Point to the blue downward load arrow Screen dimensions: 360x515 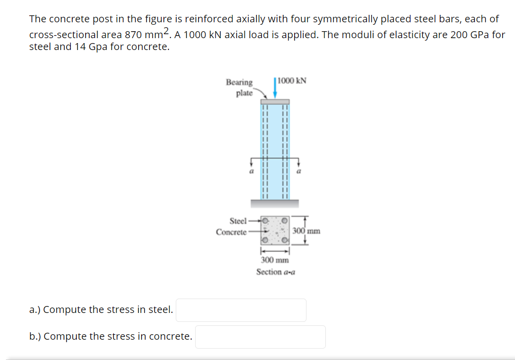coord(275,89)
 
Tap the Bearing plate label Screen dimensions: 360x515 coord(240,87)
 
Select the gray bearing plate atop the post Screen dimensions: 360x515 coord(275,102)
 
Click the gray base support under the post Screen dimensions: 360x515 coord(275,203)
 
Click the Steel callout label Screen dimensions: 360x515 coord(238,220)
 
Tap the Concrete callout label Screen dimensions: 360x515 coord(231,232)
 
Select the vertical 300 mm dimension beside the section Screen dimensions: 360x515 coord(306,231)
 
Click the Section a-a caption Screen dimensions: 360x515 coord(275,272)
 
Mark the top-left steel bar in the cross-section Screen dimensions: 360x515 coord(265,220)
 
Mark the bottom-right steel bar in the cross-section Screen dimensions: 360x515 coord(285,241)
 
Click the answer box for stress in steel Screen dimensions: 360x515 coord(242,310)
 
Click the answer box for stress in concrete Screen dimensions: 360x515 coord(260,337)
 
